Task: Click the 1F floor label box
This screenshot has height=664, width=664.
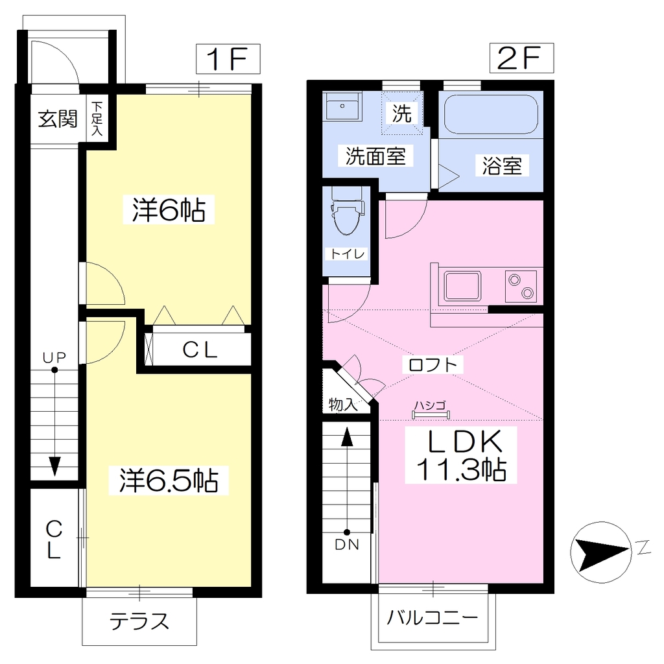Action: pos(228,59)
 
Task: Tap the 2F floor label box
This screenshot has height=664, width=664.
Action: pos(521,58)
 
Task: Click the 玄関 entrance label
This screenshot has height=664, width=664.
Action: pos(58,119)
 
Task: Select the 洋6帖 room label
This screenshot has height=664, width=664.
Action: pos(169,209)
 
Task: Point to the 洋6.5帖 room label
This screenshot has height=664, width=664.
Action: pos(169,480)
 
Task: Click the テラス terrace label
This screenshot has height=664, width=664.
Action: pos(139,621)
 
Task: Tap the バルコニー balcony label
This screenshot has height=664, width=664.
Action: pos(433,618)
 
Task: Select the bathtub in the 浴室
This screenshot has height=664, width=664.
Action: pos(491,113)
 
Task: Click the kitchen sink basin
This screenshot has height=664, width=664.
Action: pos(462,286)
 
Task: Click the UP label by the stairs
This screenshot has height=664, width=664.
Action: pos(54,358)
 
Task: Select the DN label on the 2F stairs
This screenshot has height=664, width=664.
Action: pos(347,545)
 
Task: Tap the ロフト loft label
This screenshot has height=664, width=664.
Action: pos(433,364)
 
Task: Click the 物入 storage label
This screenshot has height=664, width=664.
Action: pos(344,405)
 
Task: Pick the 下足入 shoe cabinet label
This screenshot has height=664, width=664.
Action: pos(97,118)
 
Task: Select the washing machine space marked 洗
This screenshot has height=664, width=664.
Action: pos(402,113)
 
